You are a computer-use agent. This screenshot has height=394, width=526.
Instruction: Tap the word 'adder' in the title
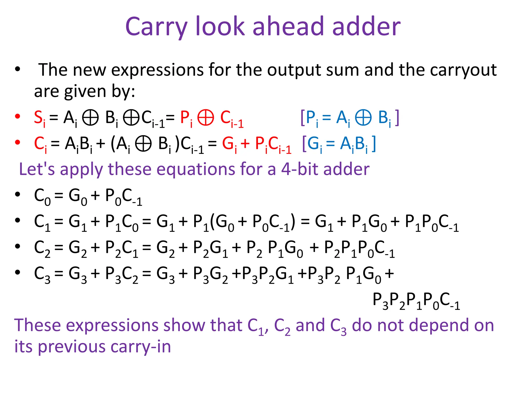(366, 26)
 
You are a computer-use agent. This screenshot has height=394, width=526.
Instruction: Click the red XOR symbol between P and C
(205, 118)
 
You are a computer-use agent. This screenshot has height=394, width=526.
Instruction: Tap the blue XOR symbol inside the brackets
(363, 118)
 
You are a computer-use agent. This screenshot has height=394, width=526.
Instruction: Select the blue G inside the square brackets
(313, 143)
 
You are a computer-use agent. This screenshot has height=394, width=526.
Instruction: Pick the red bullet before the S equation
(17, 116)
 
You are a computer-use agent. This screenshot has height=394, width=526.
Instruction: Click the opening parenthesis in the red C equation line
(113, 144)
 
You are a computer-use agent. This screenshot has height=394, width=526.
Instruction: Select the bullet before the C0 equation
(17, 194)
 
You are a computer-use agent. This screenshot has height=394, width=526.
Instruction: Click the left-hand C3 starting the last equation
(42, 274)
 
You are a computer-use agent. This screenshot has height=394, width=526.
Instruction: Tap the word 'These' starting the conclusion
(37, 325)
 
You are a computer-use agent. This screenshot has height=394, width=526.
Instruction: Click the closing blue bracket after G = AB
(374, 143)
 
